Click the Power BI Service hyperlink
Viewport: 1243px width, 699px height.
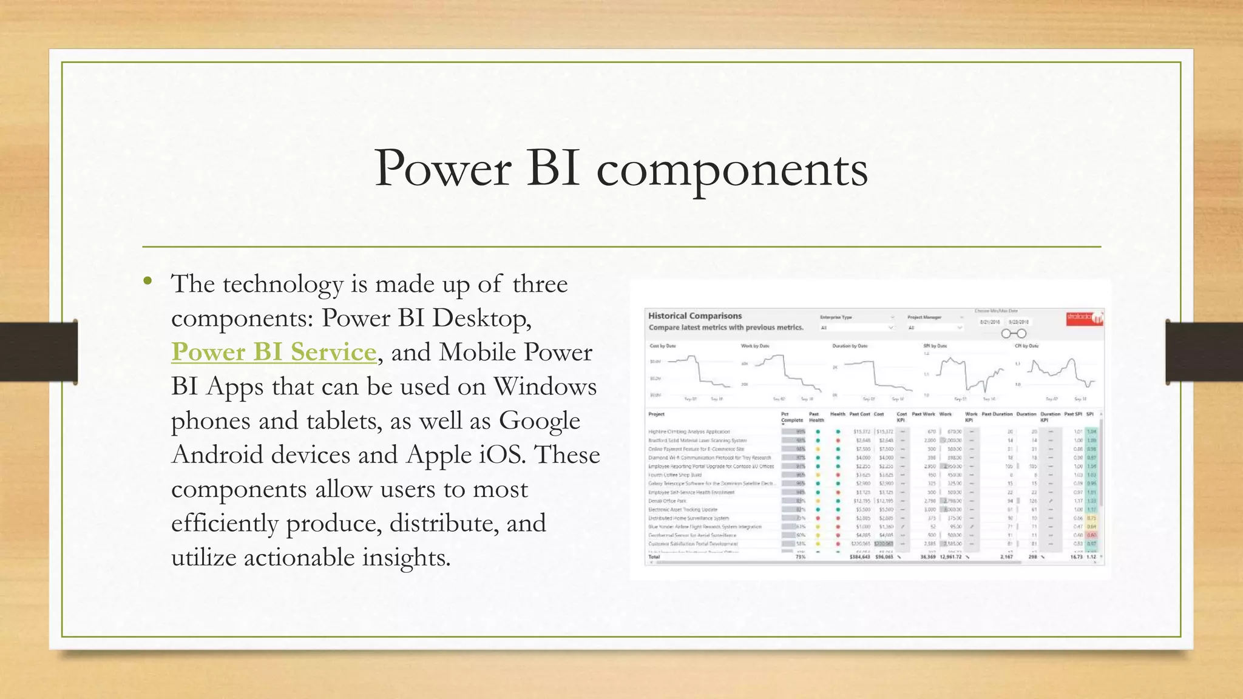pos(274,353)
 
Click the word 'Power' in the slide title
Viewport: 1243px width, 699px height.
pos(442,168)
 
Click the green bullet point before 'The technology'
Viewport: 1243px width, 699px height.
pos(147,280)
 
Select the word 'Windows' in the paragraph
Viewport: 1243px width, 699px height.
pos(544,387)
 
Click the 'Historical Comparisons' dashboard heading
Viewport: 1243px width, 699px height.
pos(694,316)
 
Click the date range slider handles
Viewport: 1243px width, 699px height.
pos(1014,334)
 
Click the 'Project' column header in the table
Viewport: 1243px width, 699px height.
pos(656,414)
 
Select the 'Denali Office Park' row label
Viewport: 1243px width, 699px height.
pos(667,501)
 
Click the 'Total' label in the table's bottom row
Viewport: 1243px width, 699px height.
pos(654,557)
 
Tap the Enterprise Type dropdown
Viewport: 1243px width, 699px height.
pos(856,328)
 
